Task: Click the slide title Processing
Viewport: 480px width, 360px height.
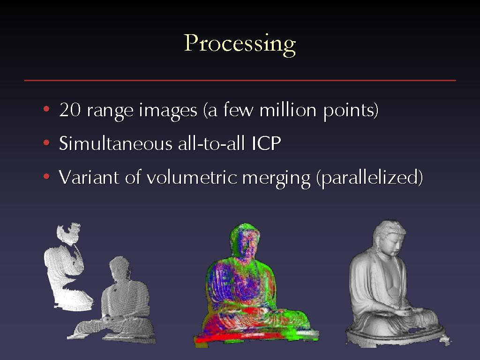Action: [x=240, y=45]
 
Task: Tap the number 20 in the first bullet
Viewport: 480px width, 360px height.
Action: [x=70, y=110]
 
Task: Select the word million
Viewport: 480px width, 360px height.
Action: [x=288, y=110]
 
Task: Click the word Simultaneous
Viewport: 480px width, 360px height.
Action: [x=116, y=143]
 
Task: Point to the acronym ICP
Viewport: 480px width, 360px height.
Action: [x=266, y=143]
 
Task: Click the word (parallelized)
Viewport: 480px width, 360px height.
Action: [x=369, y=178]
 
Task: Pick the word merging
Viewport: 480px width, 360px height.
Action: [x=276, y=179]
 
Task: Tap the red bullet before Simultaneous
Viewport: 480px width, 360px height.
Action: [x=46, y=142]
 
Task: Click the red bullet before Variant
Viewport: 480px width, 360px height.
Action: [x=46, y=176]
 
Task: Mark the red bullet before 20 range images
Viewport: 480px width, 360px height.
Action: [x=46, y=109]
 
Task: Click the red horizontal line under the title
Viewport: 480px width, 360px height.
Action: [x=240, y=81]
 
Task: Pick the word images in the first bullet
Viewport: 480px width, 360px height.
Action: [x=168, y=111]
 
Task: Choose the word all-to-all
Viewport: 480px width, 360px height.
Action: [x=212, y=143]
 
